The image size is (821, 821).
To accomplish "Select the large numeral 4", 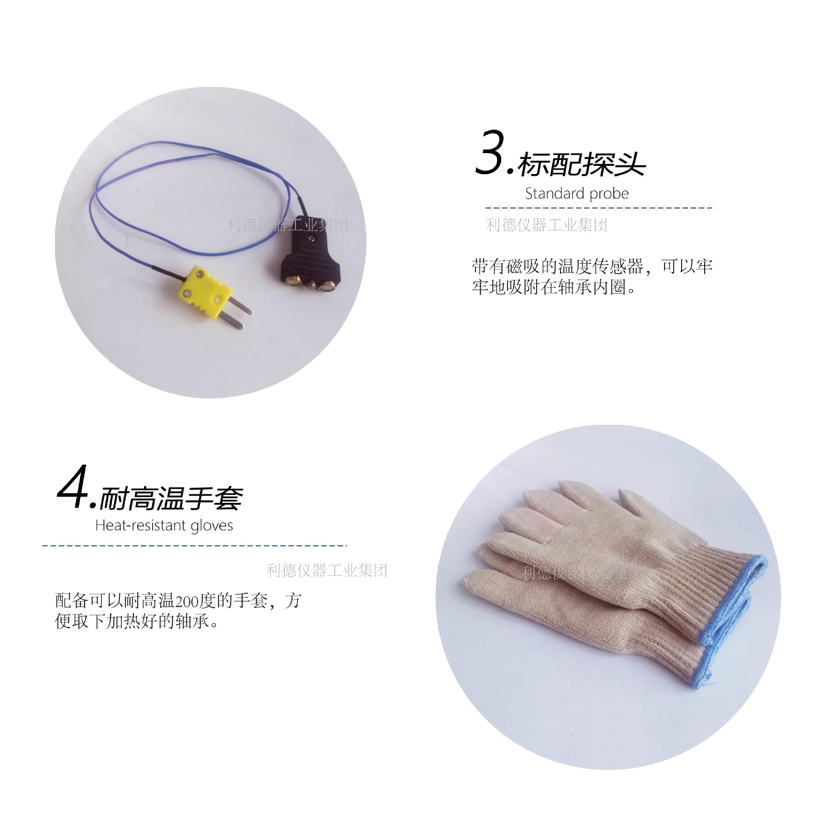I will (73, 487).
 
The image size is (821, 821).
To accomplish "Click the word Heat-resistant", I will (141, 525).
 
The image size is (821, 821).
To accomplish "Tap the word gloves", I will (212, 526).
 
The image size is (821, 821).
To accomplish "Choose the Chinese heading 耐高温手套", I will (171, 499).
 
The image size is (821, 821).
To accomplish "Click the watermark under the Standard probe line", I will (546, 225).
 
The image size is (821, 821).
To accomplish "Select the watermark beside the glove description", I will (327, 570).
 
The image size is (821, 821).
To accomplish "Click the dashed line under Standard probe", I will (599, 208).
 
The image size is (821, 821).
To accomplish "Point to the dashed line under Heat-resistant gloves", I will (195, 546).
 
